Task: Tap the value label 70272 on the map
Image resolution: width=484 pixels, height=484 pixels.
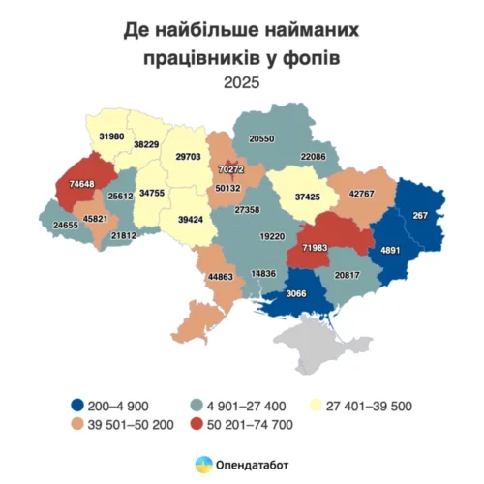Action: pos(228,170)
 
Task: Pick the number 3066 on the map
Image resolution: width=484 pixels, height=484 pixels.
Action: pos(295,294)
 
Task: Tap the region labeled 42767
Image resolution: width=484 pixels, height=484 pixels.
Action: pos(361,193)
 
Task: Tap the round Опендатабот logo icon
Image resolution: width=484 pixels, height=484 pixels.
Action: pos(204,465)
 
